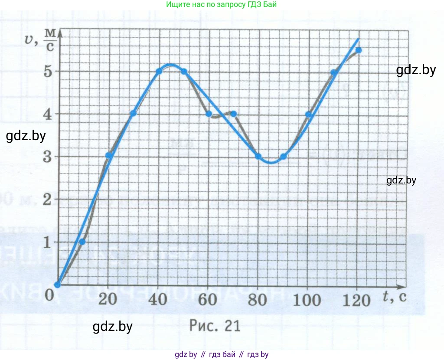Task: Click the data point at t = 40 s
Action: (x=159, y=71)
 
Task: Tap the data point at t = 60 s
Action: (x=209, y=114)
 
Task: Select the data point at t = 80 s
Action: (x=258, y=157)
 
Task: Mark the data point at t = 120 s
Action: (x=358, y=50)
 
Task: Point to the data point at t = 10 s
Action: (x=82, y=242)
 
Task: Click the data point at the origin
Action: (x=57, y=285)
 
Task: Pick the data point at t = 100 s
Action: (x=308, y=115)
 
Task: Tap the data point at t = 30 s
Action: (x=133, y=114)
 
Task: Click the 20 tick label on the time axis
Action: (x=108, y=299)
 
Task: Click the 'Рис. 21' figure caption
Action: (x=215, y=326)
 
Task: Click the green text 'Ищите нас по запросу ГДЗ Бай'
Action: (x=221, y=4)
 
